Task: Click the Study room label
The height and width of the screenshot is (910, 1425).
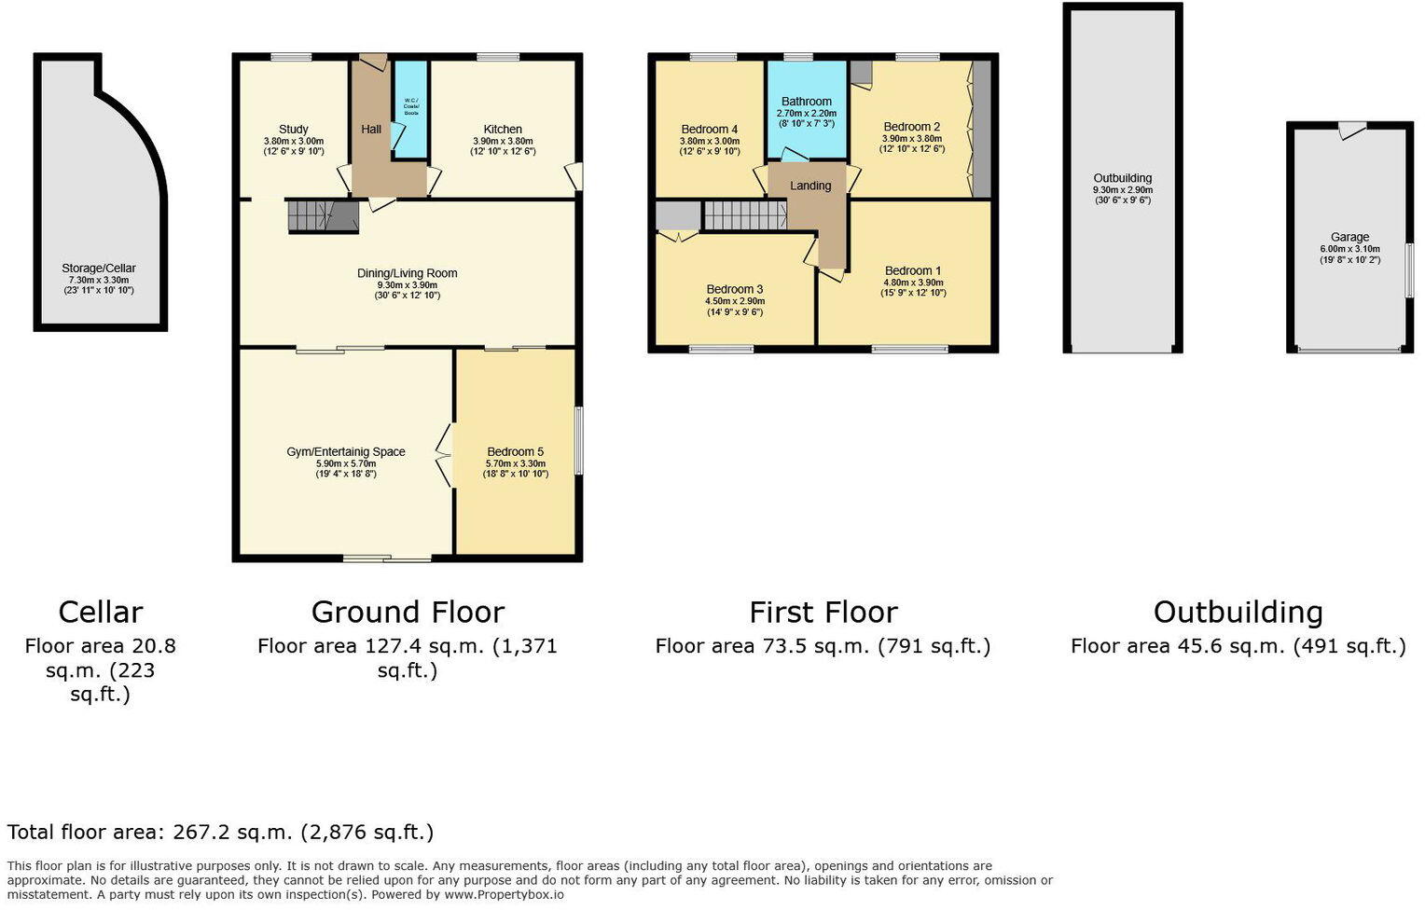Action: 293,130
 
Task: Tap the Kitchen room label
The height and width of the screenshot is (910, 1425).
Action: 503,130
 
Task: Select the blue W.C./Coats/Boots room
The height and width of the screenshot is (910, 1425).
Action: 410,107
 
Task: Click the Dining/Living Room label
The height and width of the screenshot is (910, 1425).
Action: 407,273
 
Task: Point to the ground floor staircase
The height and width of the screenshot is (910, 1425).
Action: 321,215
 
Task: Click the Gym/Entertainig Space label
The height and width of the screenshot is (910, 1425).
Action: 345,452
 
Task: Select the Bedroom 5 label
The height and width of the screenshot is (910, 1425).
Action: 515,452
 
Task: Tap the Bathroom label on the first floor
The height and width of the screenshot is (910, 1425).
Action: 806,102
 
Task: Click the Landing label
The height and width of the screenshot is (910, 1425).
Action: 809,186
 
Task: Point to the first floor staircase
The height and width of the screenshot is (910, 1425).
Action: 743,215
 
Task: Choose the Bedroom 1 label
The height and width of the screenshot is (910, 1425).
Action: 912,271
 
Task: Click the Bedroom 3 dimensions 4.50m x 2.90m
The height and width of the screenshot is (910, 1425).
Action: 734,301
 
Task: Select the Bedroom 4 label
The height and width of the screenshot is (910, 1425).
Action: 709,130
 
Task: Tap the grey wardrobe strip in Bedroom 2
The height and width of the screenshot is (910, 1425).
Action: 980,130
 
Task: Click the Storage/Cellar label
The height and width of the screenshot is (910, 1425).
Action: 99,269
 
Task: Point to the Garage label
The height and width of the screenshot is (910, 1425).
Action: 1349,237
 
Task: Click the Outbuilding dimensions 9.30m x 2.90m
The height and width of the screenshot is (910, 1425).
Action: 1122,189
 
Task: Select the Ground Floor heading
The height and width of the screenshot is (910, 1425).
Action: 408,613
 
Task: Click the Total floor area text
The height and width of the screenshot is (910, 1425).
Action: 220,833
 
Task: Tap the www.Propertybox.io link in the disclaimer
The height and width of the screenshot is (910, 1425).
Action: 504,894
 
